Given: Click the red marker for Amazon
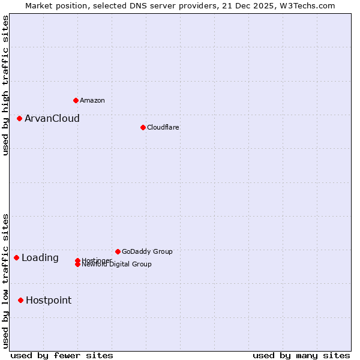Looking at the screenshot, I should pos(76,100).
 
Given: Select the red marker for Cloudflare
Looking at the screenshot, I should pos(143,127).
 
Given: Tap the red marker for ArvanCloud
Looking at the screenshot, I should pos(19,118).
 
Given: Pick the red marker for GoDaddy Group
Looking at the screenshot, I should pos(118,251).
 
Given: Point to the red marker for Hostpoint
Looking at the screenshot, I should pos(20,300).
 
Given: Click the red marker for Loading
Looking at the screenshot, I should pos(16,257).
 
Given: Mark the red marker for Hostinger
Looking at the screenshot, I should pos(77,260).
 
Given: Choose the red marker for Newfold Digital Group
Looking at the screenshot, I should pos(77,265).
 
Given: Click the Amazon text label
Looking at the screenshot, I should pos(92,100).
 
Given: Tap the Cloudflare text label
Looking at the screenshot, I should pos(163,127).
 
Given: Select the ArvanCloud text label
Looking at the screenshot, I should pos(52,118).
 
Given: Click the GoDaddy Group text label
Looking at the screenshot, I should pos(147,251).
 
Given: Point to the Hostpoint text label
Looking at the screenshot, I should pos(49,300).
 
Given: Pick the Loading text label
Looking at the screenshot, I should pos(40,257).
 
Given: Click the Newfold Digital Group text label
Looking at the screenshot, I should pos(116,265).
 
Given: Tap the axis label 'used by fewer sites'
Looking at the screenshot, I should pos(62,355).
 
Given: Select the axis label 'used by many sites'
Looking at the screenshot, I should pos(301,355).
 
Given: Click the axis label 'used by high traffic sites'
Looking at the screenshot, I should pos(6,85).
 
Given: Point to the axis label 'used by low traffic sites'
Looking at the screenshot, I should pos(6,281).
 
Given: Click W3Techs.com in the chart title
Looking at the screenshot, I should pos(305,5).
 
